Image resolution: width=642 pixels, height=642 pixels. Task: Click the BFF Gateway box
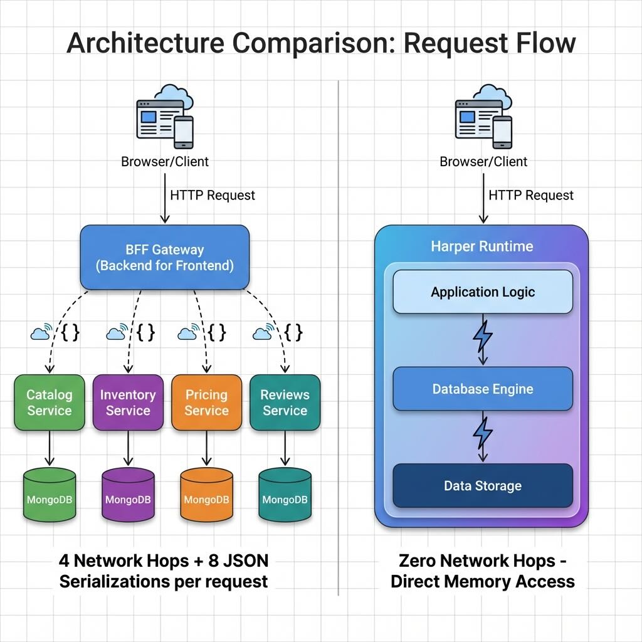pos(165,258)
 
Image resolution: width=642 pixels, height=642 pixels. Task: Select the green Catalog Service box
pos(50,403)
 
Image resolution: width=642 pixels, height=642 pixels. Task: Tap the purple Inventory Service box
pos(128,403)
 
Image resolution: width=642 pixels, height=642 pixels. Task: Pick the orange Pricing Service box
pos(206,403)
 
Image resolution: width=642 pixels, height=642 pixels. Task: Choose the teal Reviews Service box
pos(285,403)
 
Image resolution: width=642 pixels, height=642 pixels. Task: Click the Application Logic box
pos(483,292)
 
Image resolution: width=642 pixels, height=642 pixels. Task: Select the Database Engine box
pos(483,389)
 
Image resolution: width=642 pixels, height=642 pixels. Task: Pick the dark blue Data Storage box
pos(483,486)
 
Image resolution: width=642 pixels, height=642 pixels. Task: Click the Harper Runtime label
pos(481,246)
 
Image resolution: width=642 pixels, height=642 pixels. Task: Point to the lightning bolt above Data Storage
pos(483,433)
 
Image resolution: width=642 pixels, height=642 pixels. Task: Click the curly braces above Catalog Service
pos(70,332)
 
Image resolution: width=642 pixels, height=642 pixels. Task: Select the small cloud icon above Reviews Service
pos(262,332)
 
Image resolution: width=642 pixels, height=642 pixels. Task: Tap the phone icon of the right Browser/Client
pos(502,132)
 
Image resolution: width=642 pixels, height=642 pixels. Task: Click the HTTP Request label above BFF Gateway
pos(213,195)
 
